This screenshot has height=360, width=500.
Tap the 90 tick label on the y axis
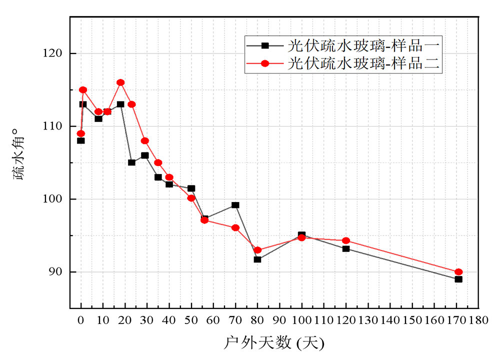coord(58,272)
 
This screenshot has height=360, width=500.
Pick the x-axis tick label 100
coord(301,319)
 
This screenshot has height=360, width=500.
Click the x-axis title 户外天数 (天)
coord(274,343)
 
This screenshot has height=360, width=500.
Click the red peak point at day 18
coord(120,82)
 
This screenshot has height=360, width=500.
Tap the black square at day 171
coord(458,279)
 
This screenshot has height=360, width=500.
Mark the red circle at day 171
coord(458,272)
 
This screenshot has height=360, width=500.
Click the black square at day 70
coord(235,205)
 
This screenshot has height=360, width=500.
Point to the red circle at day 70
coord(235,227)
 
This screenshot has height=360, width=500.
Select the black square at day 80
coord(257,259)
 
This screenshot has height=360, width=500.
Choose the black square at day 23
coord(131,162)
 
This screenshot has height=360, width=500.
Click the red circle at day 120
coord(346,240)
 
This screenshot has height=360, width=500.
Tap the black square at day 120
coord(346,248)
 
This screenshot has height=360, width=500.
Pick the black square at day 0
coord(81,140)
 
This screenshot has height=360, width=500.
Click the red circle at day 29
coord(145,140)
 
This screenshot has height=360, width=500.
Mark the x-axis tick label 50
coord(191,319)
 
